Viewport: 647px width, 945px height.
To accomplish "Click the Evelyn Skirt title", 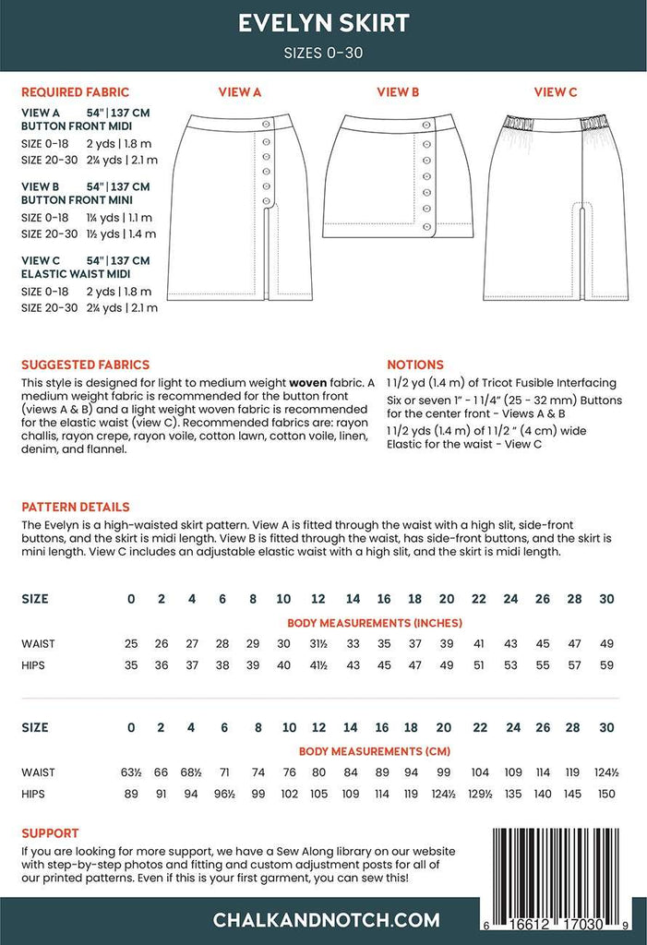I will tap(323, 23).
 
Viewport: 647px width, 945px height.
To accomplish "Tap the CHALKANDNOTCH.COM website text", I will tap(326, 919).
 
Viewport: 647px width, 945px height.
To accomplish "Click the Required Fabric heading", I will tap(75, 92).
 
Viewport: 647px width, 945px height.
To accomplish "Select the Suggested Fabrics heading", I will tap(85, 365).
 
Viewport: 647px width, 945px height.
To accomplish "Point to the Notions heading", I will tap(415, 365).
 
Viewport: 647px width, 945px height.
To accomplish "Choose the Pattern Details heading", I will tap(76, 507).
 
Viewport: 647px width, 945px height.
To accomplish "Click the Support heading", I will tap(50, 832).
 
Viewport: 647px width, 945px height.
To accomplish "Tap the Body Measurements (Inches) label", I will tap(375, 623).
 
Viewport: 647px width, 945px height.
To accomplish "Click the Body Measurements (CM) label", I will tap(375, 752).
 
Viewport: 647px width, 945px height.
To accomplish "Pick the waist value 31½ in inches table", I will tap(318, 642).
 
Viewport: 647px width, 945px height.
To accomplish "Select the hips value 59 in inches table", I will tap(606, 664).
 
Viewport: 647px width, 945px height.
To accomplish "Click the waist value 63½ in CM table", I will tap(130, 772).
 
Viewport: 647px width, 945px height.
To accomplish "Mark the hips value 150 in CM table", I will tap(606, 793).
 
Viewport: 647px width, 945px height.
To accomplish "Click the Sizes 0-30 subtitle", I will tap(323, 53).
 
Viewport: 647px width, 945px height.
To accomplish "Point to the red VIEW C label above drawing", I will tap(556, 92).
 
